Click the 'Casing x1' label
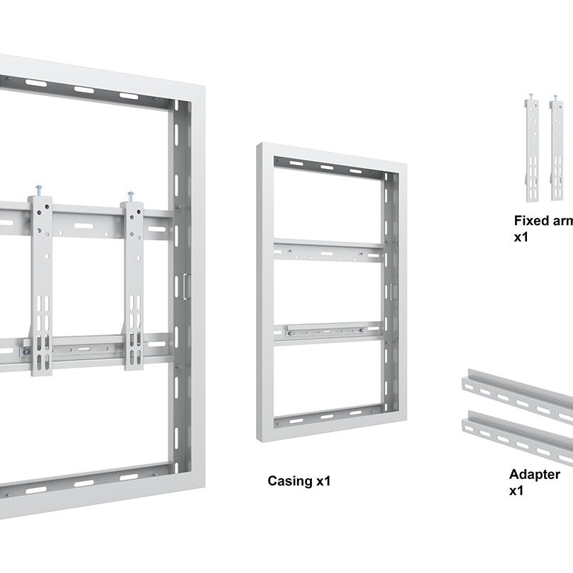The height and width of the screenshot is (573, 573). point(299,481)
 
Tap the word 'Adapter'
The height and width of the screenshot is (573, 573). point(534,474)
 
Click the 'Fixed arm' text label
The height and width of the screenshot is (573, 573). point(543,221)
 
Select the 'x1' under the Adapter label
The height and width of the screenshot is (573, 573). point(516,490)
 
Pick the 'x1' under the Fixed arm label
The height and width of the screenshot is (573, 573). point(521,237)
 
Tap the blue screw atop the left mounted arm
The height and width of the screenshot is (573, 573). point(39,189)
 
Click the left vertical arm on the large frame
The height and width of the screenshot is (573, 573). point(41,283)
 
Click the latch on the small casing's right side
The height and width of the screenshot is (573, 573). point(394,291)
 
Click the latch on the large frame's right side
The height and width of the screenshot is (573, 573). point(186,286)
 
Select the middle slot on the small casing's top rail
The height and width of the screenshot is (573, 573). point(328,168)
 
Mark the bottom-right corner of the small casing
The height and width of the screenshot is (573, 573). point(405,418)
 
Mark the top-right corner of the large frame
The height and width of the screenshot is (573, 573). point(203,87)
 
